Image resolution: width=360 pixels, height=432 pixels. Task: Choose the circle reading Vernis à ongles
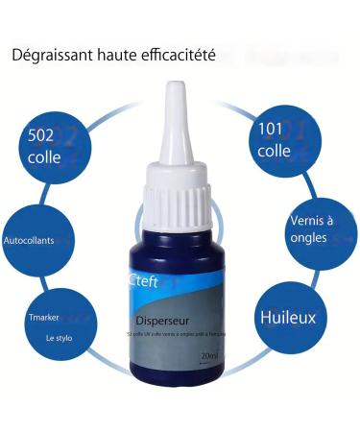click(308, 229)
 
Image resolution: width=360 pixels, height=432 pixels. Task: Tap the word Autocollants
click(29, 239)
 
